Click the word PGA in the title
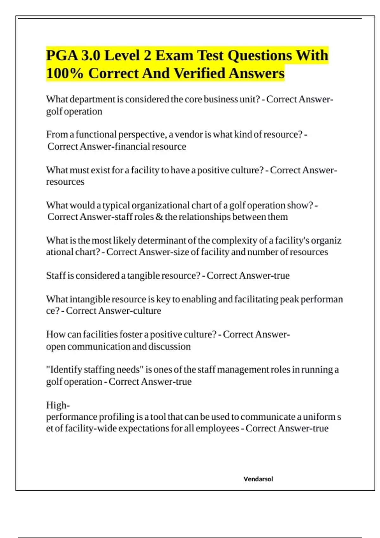pyautogui.click(x=62, y=55)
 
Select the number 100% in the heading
pyautogui.click(x=65, y=73)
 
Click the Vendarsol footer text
pyautogui.click(x=258, y=479)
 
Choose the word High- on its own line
pyautogui.click(x=58, y=405)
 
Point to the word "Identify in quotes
pyautogui.click(x=64, y=370)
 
